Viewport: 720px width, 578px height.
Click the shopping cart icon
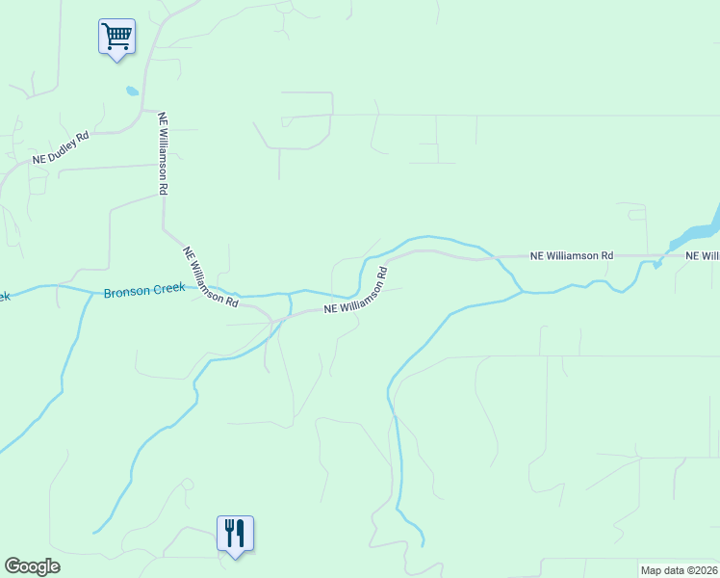(x=116, y=38)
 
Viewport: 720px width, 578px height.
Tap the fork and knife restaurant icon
(x=235, y=534)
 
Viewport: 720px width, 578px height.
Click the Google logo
(x=32, y=566)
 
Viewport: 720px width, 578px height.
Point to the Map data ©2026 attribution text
(x=680, y=570)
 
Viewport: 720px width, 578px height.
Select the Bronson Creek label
(x=144, y=290)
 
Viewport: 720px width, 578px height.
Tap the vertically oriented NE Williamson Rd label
(x=163, y=154)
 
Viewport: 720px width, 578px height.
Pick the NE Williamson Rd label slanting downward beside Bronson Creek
(x=211, y=276)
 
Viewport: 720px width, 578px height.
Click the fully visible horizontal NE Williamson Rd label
(x=571, y=256)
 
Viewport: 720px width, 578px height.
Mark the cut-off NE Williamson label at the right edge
(x=702, y=256)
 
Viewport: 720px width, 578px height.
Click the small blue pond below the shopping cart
(x=131, y=92)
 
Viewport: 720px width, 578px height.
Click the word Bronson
(x=125, y=291)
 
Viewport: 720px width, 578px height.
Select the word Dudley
(x=65, y=146)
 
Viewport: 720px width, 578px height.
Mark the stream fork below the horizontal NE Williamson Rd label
(x=521, y=290)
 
